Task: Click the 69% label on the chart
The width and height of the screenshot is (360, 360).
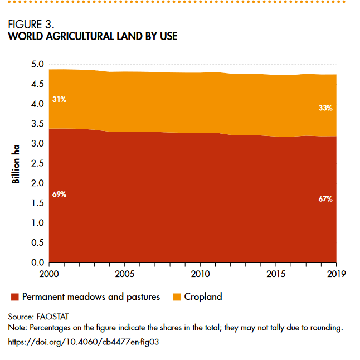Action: click(60, 194)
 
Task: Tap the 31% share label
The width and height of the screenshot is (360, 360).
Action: click(60, 100)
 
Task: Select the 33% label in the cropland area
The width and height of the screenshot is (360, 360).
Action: click(325, 108)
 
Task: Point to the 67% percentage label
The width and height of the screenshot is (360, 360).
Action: click(325, 198)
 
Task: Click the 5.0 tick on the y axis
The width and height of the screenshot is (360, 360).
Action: click(37, 65)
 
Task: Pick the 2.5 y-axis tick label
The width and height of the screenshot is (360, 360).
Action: click(37, 163)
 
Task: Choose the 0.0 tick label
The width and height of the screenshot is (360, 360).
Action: click(37, 262)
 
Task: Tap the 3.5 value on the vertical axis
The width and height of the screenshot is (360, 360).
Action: click(37, 124)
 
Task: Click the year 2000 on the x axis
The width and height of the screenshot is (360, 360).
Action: click(50, 274)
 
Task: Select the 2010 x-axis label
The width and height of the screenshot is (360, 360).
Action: click(200, 274)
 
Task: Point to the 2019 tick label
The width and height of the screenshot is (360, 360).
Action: click(336, 274)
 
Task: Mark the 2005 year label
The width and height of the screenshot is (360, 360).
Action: click(125, 274)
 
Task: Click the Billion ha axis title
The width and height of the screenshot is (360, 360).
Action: click(17, 163)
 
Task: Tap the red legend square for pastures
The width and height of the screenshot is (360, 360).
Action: click(15, 297)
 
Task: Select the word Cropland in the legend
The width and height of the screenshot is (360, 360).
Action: click(203, 297)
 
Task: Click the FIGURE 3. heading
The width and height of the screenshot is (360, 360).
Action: click(31, 25)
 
